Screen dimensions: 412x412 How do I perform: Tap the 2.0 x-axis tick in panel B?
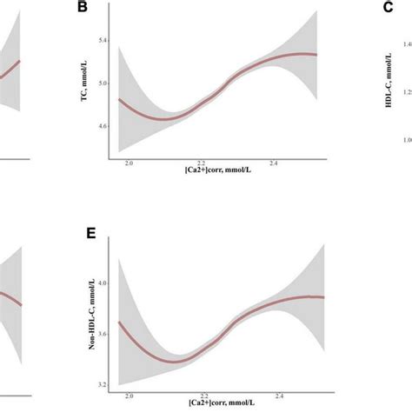[130, 163]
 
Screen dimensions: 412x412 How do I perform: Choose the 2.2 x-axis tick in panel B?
[202, 163]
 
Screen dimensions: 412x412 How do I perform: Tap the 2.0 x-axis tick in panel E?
[130, 396]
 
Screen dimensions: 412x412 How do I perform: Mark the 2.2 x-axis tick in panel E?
[202, 396]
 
